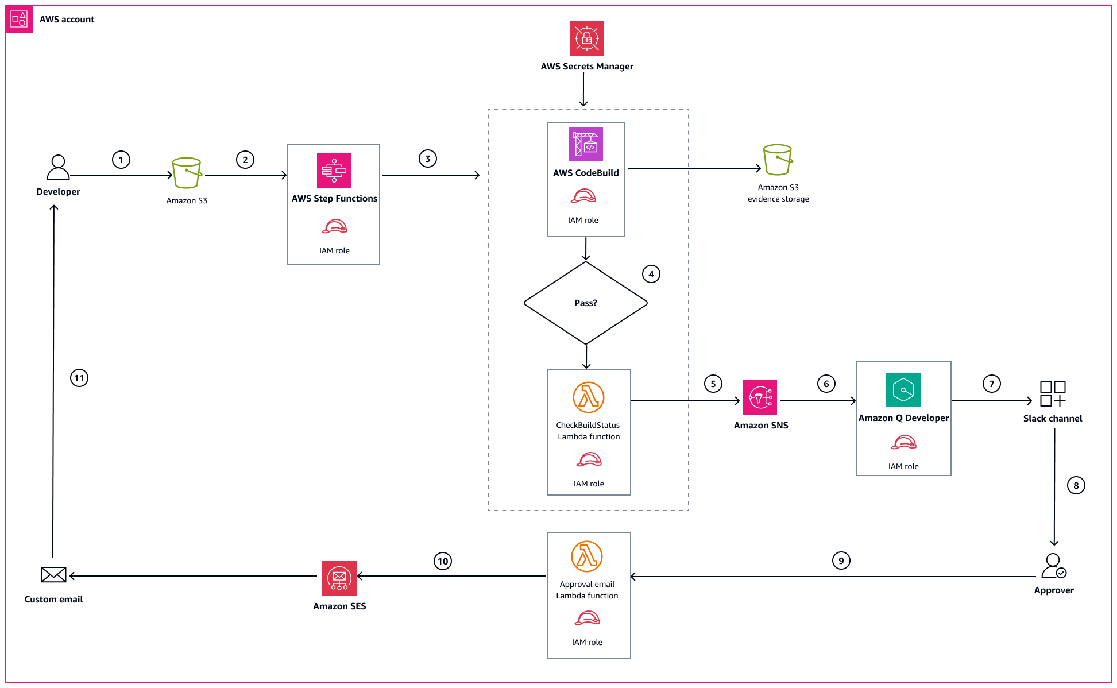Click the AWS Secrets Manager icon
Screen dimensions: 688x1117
pyautogui.click(x=586, y=38)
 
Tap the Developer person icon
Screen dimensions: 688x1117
pyautogui.click(x=58, y=167)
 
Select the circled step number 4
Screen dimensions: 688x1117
pyautogui.click(x=651, y=274)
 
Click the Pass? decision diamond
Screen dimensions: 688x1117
pyautogui.click(x=585, y=303)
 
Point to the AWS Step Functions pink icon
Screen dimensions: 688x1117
pyautogui.click(x=334, y=171)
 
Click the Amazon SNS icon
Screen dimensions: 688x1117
pyautogui.click(x=760, y=397)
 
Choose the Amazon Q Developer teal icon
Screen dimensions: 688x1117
pyautogui.click(x=903, y=390)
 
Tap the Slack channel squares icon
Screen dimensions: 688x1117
pyautogui.click(x=1052, y=394)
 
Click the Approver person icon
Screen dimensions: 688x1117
pyautogui.click(x=1053, y=566)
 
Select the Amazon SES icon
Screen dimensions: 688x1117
pyautogui.click(x=339, y=578)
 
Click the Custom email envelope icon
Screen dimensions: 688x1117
pyautogui.click(x=53, y=574)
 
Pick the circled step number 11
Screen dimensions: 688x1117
pyautogui.click(x=79, y=378)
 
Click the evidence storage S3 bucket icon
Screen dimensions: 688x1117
pyautogui.click(x=778, y=160)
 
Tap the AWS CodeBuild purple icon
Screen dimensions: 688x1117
pyautogui.click(x=585, y=144)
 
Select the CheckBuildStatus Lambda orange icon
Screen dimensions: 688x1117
pyautogui.click(x=588, y=397)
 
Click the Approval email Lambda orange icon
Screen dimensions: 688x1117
pyautogui.click(x=586, y=556)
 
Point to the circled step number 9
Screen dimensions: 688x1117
pyautogui.click(x=841, y=561)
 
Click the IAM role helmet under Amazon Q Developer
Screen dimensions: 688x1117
pyautogui.click(x=903, y=443)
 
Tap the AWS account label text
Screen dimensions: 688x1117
pyautogui.click(x=67, y=19)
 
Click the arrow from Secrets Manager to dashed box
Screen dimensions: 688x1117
pyautogui.click(x=583, y=89)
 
